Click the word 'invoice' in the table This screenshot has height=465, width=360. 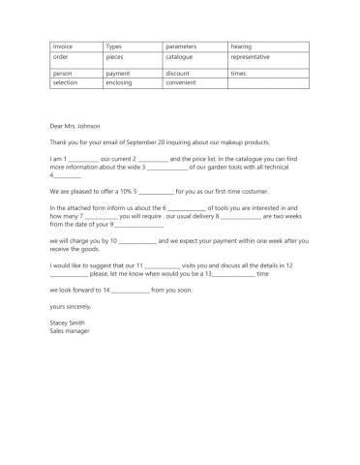coord(62,46)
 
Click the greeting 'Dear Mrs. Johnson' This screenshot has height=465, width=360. coord(75,125)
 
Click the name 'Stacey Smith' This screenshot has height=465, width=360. coord(68,323)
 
